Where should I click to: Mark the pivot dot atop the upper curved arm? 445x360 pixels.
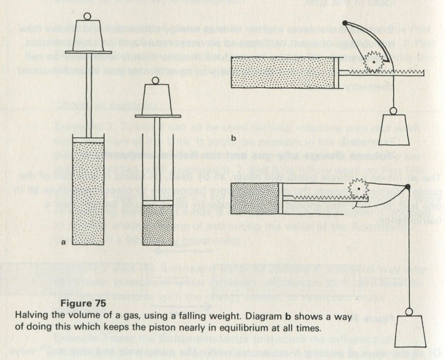point(345,23)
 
